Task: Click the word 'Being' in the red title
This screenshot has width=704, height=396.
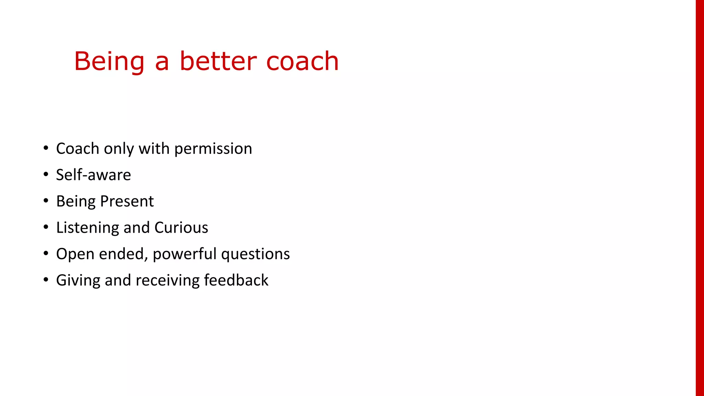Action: tap(109, 62)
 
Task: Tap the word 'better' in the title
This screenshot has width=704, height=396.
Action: tap(218, 62)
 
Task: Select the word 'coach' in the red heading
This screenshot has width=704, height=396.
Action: tap(302, 62)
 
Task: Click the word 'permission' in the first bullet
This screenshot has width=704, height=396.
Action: tap(213, 149)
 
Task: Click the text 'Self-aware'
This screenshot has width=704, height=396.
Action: tap(93, 175)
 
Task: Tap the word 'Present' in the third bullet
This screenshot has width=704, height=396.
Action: tap(127, 201)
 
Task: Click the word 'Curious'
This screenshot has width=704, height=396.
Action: tap(181, 228)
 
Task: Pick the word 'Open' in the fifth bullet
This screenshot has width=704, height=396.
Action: tap(75, 254)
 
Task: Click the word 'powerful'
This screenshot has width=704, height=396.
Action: tap(185, 254)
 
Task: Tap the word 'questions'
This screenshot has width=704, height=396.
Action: tap(255, 254)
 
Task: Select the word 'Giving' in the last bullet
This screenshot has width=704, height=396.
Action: tap(78, 280)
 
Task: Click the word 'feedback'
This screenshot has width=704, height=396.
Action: tap(236, 280)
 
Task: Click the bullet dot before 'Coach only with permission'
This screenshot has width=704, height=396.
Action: tap(46, 148)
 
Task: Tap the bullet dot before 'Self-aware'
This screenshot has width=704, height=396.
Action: tap(46, 175)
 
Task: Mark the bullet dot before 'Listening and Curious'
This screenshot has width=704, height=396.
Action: tap(46, 227)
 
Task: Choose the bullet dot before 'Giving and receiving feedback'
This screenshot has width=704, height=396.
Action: tap(46, 280)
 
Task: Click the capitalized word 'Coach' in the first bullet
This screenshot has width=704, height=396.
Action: tap(78, 149)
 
